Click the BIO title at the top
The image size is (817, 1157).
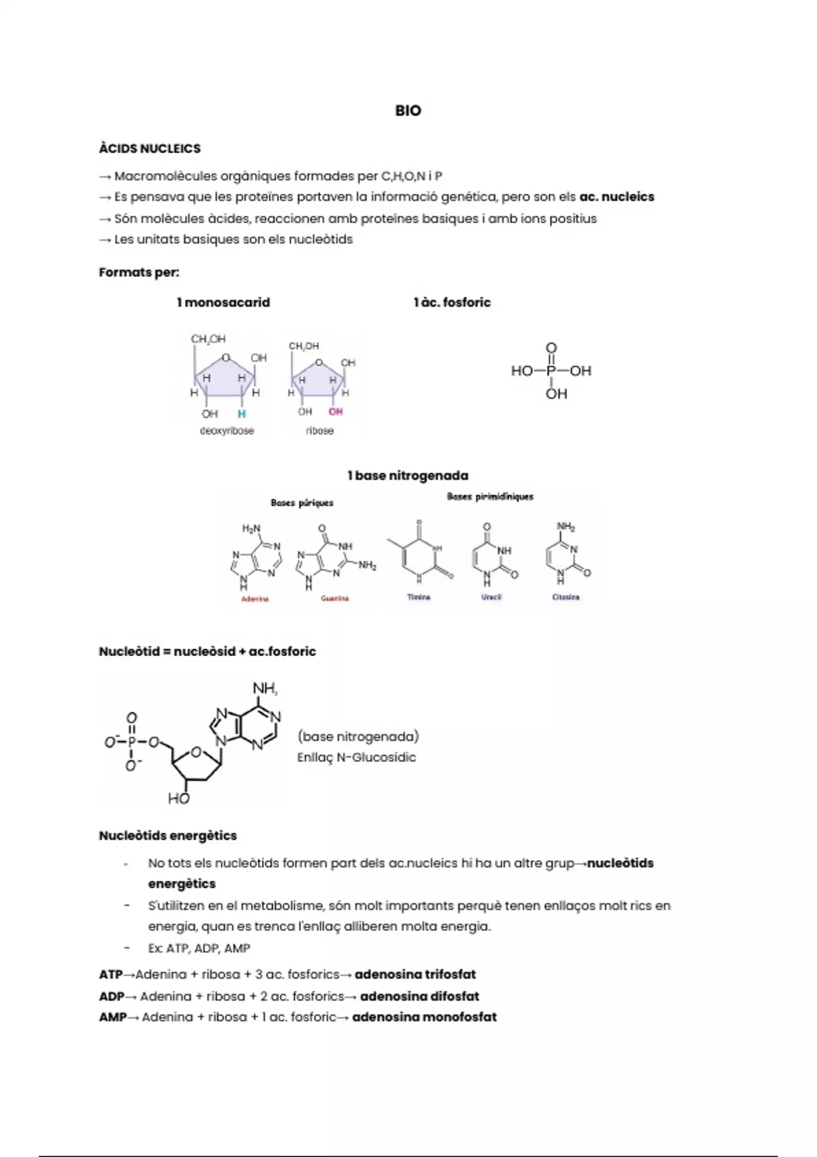coord(408,110)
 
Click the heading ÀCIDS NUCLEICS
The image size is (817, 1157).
coord(150,148)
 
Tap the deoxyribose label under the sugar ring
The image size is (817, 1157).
coord(227,431)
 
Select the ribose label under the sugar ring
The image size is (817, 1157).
coord(319,431)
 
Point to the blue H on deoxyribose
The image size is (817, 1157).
coord(242,414)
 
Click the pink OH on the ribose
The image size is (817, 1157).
coord(336,412)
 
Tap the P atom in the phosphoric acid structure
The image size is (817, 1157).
coord(551,371)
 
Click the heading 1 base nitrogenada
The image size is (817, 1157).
coord(408,476)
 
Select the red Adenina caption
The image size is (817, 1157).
coord(255,599)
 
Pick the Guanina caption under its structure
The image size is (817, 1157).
coord(335,598)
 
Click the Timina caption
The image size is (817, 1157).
coord(419,597)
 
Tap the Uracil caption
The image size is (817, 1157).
coord(491,597)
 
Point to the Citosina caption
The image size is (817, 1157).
coord(566,597)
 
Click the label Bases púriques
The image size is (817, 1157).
coord(302,503)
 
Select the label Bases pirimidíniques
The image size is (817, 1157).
coord(490,497)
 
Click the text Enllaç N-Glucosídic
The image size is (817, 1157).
coord(356,757)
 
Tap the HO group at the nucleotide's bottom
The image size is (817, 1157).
coord(178,799)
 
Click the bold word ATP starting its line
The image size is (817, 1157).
coord(111,975)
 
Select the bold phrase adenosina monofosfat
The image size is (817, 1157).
coord(424,1017)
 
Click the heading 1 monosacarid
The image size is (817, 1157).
coord(223,302)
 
